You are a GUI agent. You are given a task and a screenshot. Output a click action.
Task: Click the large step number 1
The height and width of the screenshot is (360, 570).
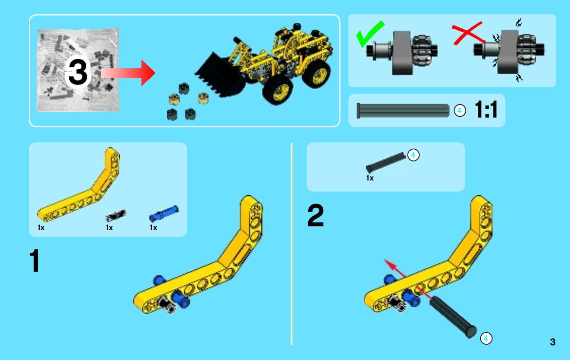35,260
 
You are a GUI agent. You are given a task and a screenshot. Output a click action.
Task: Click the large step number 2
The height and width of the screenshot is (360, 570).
315,215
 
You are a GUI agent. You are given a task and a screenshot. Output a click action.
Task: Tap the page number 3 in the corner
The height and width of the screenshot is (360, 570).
552,342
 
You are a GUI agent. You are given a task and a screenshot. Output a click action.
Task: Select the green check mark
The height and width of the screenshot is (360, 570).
369,34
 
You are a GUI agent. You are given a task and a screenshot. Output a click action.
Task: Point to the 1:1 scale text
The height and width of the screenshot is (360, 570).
486,110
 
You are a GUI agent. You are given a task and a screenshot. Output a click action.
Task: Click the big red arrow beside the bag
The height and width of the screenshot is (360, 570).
128,73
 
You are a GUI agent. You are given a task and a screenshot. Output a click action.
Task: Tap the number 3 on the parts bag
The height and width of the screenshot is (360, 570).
78,72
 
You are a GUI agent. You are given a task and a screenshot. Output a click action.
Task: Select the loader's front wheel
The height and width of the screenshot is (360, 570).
278,90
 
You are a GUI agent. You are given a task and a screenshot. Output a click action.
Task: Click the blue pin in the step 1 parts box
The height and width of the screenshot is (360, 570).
164,214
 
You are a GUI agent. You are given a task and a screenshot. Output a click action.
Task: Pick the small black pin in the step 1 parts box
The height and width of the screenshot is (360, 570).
116,215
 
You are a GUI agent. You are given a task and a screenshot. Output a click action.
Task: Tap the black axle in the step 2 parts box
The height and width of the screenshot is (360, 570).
386,162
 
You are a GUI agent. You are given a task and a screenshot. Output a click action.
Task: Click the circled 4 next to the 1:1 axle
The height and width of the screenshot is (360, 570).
460,111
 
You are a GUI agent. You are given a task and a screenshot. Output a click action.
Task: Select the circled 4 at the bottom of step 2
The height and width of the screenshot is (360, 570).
486,339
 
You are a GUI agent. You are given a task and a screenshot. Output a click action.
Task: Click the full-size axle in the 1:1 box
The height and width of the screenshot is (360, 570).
403,111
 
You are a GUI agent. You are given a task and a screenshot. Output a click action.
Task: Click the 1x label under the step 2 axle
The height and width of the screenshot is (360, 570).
370,178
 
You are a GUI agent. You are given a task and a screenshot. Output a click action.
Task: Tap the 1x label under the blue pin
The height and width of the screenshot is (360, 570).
154,228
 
